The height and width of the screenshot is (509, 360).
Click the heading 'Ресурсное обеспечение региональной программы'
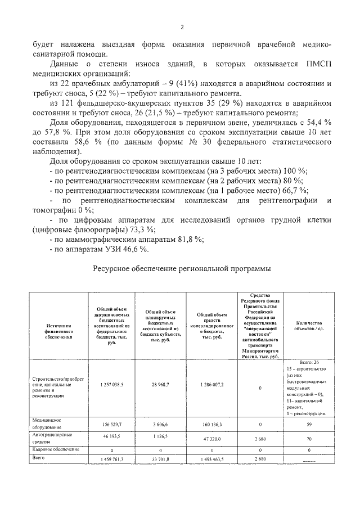click(181, 269)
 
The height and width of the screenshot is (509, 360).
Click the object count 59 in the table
click(304, 425)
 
